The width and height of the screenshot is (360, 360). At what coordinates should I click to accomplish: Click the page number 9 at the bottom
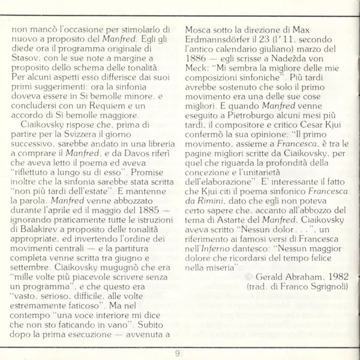pos(178,352)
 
